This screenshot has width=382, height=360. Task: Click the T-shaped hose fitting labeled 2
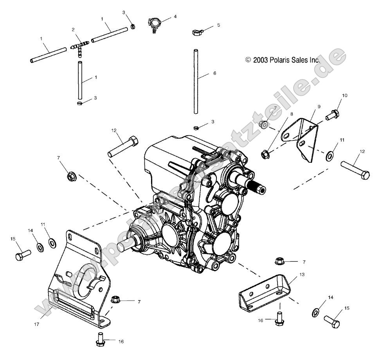[79, 47]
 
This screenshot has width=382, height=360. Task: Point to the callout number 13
[302, 275]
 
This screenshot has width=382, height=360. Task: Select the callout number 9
[319, 106]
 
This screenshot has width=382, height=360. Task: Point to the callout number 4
[175, 17]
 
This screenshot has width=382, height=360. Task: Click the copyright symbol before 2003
[247, 60]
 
